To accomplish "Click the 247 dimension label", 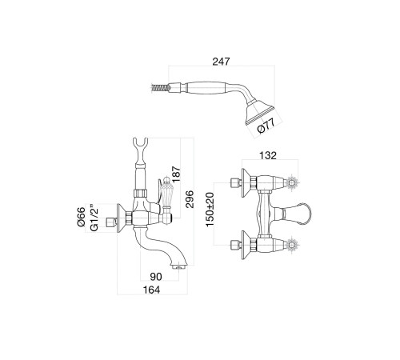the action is (221, 62).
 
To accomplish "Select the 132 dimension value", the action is (268, 155).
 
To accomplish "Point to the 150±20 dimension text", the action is (210, 210).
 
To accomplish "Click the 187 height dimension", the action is (177, 174).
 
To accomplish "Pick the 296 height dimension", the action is (190, 199).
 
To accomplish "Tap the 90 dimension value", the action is (156, 277).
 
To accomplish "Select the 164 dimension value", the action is (152, 290).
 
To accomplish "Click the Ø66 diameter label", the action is (82, 217).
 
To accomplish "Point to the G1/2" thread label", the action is (94, 218).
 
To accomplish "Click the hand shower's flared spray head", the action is (259, 111).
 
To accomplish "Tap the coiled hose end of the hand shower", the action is (160, 87).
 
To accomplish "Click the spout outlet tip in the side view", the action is (179, 266).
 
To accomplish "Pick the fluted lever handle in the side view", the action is (166, 192).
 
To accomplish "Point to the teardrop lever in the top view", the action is (297, 214).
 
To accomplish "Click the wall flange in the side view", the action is (122, 218).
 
